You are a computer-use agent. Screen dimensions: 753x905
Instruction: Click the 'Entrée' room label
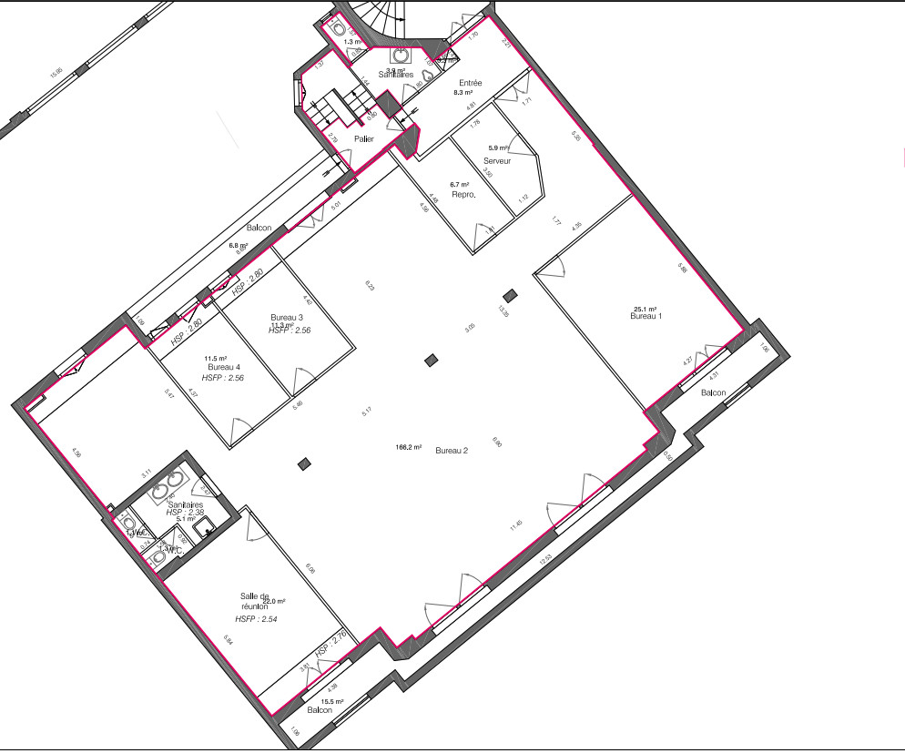click(x=471, y=83)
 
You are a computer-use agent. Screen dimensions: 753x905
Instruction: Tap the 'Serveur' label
click(x=497, y=161)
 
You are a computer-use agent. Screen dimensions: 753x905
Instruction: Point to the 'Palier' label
click(x=364, y=138)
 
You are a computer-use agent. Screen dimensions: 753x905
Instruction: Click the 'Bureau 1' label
click(x=648, y=316)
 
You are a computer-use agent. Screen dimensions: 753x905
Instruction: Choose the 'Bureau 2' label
click(x=452, y=451)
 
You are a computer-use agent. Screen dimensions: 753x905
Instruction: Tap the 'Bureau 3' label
click(x=287, y=317)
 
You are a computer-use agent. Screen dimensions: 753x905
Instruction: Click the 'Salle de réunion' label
click(x=255, y=599)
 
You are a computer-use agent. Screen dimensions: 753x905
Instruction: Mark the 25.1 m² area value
click(x=646, y=309)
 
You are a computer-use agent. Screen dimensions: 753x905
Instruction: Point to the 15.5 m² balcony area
click(x=330, y=701)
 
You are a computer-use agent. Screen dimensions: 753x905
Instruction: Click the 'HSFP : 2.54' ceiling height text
click(x=257, y=619)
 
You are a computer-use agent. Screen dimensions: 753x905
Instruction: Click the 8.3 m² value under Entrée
click(x=463, y=93)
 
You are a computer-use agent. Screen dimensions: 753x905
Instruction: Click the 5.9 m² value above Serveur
click(x=498, y=148)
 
